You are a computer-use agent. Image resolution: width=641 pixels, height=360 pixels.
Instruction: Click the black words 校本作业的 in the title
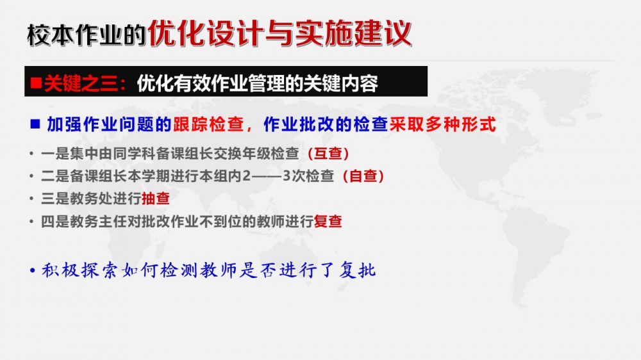click(87, 35)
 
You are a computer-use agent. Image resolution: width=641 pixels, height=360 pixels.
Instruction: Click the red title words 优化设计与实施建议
click(279, 33)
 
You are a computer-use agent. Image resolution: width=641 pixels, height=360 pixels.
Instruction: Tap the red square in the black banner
click(36, 83)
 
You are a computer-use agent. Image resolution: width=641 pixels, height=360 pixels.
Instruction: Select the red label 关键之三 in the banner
click(81, 83)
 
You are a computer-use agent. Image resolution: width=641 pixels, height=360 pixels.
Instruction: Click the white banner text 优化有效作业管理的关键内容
click(258, 83)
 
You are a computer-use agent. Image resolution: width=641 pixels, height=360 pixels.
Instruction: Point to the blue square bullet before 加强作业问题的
click(35, 124)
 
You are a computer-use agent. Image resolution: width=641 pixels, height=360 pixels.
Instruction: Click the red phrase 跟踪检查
click(208, 124)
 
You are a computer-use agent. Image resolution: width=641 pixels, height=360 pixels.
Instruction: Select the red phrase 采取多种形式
click(443, 124)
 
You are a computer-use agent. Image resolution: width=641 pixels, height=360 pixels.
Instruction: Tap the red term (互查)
click(328, 154)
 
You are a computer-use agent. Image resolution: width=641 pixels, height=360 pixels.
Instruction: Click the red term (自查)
click(363, 176)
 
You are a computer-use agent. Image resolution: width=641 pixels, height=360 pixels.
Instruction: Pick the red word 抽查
click(155, 199)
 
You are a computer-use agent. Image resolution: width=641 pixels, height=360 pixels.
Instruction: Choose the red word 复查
click(328, 222)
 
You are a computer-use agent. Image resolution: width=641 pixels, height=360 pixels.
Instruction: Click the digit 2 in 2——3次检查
click(247, 176)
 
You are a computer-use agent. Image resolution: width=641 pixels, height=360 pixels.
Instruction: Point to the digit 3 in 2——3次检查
click(287, 176)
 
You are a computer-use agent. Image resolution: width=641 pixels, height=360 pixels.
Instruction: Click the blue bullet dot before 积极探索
click(33, 270)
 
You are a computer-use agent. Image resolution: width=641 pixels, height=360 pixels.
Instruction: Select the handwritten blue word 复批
click(357, 270)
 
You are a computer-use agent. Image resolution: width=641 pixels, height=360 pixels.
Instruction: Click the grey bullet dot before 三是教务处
click(31, 199)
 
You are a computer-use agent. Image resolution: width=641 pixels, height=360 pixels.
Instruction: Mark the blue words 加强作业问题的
click(109, 124)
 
